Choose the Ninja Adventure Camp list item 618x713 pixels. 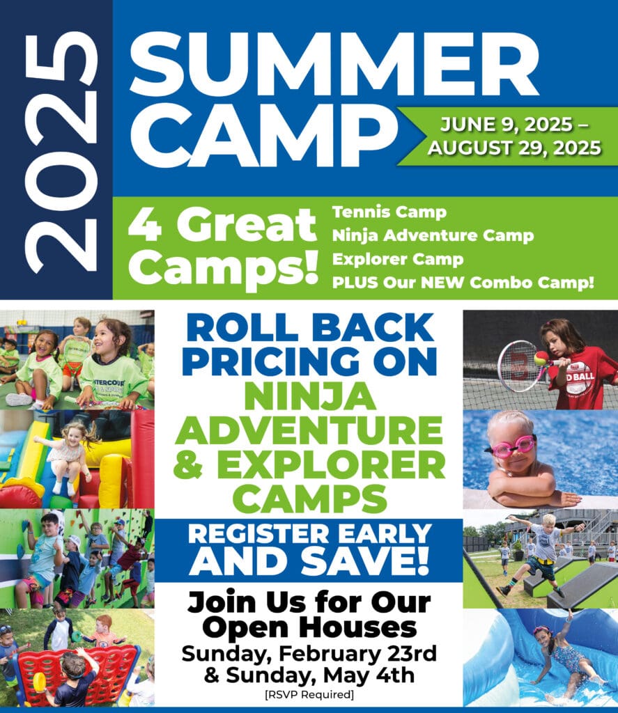(x=433, y=235)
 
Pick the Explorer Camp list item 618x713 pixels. (x=398, y=259)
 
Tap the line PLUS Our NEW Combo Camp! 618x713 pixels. (x=463, y=283)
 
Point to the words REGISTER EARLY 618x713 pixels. (x=309, y=534)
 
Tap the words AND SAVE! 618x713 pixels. (x=309, y=562)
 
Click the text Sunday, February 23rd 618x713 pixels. (x=309, y=654)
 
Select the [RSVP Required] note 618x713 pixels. (x=309, y=695)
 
